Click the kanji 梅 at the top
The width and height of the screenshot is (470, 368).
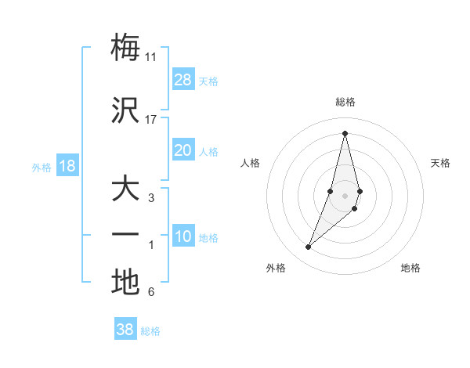(125, 47)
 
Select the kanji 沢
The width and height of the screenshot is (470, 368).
(125, 110)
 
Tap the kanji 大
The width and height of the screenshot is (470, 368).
(125, 190)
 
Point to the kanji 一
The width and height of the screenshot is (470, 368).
(125, 235)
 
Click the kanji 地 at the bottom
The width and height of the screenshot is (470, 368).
(125, 283)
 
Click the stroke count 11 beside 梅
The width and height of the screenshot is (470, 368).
(151, 56)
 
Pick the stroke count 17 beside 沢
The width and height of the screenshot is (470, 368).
(151, 120)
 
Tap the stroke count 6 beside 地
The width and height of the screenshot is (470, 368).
(151, 293)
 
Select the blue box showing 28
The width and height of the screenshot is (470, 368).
(183, 80)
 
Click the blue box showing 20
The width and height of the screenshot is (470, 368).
(183, 150)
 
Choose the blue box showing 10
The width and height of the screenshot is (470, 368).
(183, 236)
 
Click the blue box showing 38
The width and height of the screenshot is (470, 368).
(125, 330)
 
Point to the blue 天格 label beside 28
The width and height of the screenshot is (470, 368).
(208, 81)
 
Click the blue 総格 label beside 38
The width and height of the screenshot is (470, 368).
(150, 331)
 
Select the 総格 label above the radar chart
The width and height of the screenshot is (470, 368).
(345, 103)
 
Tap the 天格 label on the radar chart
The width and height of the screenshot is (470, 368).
(441, 163)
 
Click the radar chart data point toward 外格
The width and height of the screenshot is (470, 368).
(309, 247)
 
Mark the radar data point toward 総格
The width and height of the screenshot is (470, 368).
(345, 133)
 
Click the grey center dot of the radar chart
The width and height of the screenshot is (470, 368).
(345, 195)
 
